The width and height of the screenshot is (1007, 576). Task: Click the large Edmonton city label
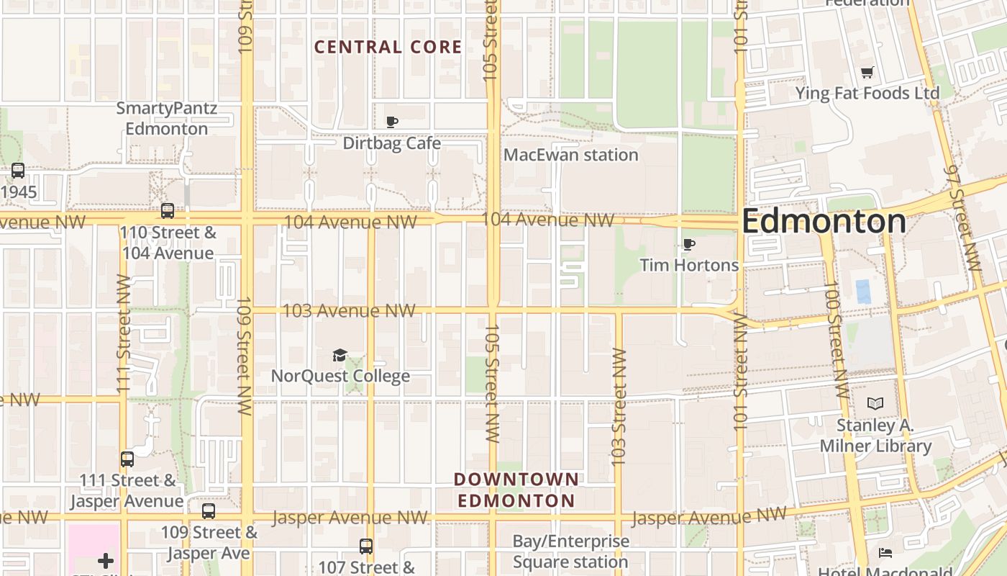click(824, 221)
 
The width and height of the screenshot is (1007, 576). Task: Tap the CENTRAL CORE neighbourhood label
click(388, 48)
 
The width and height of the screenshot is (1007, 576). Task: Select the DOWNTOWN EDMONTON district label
click(516, 490)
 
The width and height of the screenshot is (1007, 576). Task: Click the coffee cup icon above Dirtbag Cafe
click(392, 122)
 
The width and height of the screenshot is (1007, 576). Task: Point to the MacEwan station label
click(570, 155)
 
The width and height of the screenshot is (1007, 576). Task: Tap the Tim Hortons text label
click(689, 265)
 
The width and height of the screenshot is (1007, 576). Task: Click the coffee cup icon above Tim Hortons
click(689, 245)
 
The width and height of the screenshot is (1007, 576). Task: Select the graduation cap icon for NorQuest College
click(340, 355)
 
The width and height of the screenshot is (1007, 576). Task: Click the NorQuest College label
click(340, 376)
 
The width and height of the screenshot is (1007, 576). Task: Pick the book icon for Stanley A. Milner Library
click(875, 404)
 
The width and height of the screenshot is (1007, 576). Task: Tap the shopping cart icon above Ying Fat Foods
click(867, 72)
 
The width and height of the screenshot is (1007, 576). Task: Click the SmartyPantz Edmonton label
click(167, 119)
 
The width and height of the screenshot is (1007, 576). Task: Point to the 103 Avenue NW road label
click(349, 311)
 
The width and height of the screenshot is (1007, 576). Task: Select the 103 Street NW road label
click(619, 407)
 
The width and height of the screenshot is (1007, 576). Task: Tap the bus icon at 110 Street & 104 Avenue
click(168, 211)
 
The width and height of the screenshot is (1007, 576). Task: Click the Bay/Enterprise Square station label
click(570, 552)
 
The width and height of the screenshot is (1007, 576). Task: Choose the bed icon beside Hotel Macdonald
click(885, 553)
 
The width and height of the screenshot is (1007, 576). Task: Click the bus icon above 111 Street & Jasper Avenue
click(127, 459)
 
